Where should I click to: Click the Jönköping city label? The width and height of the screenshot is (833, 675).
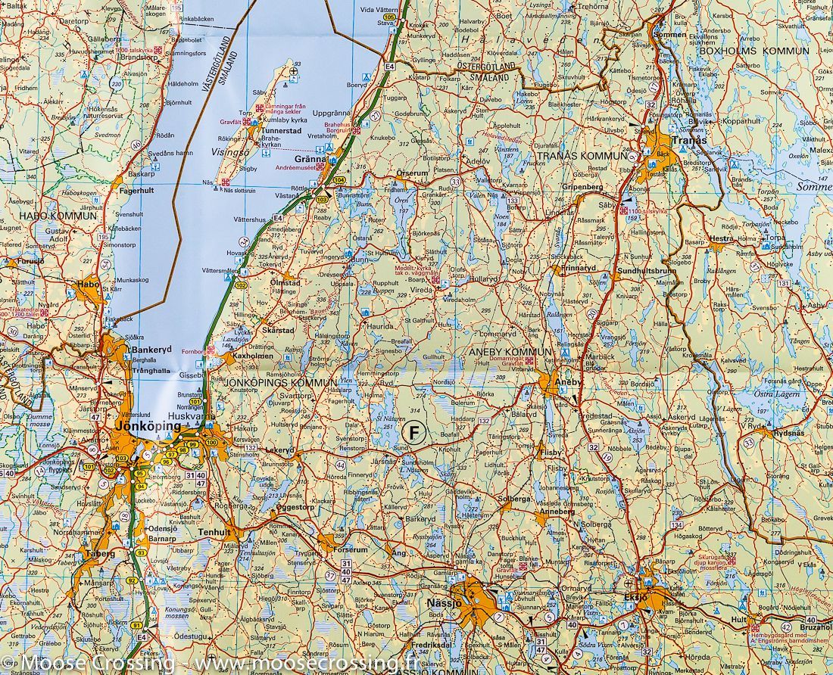(148, 427)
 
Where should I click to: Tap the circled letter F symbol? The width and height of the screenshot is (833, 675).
(413, 433)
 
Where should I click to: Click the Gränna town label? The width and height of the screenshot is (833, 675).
(310, 160)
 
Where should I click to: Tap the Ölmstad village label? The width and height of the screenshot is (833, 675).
(285, 282)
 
